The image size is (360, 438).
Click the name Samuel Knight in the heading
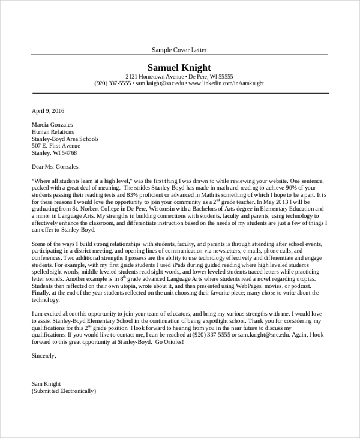click(179, 67)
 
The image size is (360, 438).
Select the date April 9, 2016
click(47, 111)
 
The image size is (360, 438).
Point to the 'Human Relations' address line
click(53, 132)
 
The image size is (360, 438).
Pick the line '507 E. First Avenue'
click(56, 146)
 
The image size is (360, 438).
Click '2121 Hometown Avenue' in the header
click(154, 76)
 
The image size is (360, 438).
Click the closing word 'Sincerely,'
click(43, 372)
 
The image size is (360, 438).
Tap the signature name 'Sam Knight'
click(46, 383)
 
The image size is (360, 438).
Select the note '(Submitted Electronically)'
click(64, 391)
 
